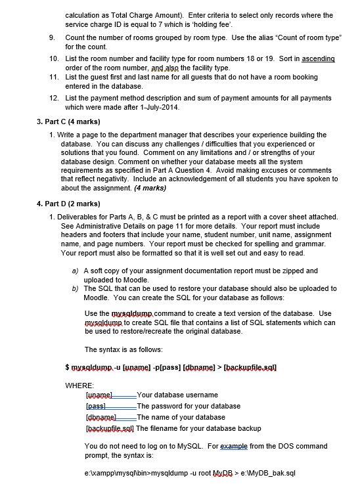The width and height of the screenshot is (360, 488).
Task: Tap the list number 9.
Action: pyautogui.click(x=52, y=38)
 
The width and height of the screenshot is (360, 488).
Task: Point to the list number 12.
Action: pyautogui.click(x=54, y=98)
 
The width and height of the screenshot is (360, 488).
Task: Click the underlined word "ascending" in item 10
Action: pyautogui.click(x=318, y=58)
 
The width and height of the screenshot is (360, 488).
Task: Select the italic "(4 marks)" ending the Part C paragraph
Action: pyautogui.click(x=150, y=189)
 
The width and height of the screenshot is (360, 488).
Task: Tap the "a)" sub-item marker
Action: pyautogui.click(x=76, y=271)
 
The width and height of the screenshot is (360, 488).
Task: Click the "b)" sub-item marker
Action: pyautogui.click(x=76, y=288)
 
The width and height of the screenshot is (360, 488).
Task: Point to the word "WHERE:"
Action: pyautogui.click(x=79, y=385)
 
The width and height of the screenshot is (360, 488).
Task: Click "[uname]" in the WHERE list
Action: pyautogui.click(x=99, y=395)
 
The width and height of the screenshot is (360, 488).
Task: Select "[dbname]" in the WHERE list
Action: pyautogui.click(x=101, y=417)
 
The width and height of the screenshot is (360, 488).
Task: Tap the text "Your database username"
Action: pyautogui.click(x=177, y=395)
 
